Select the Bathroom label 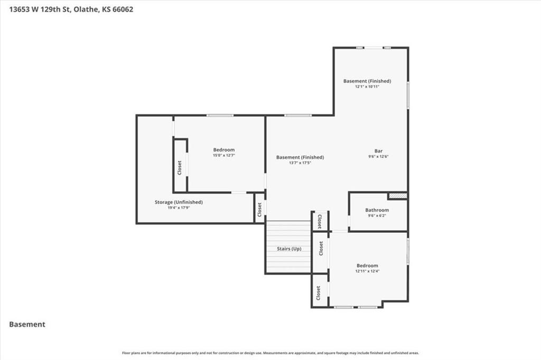[x=377, y=210]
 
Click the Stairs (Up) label [x=289, y=248]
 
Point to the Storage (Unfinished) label [x=179, y=202]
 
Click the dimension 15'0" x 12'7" [x=223, y=156]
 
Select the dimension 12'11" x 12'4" [x=367, y=271]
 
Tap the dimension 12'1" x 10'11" [x=367, y=87]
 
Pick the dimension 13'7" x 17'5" [x=300, y=163]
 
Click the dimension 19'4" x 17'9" [x=179, y=208]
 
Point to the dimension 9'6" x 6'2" [x=377, y=215]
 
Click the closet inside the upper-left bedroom [x=180, y=167]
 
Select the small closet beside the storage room [x=259, y=210]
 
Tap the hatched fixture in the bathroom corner [x=397, y=196]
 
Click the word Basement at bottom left [x=27, y=324]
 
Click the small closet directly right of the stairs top [x=320, y=221]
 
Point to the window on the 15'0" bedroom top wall [x=220, y=115]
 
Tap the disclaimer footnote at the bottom [x=270, y=353]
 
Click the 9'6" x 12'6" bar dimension [x=378, y=157]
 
